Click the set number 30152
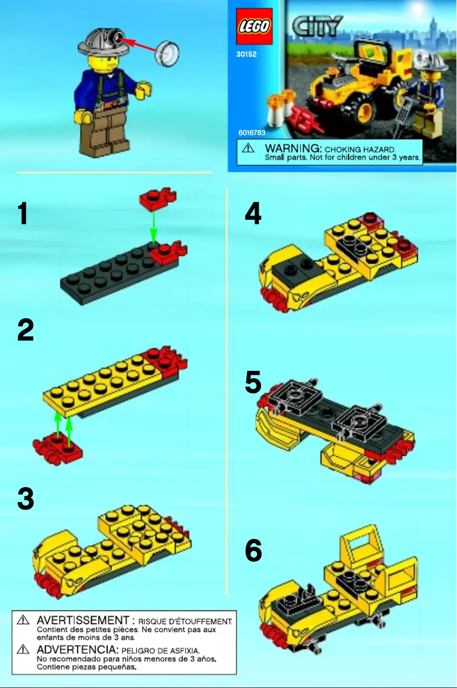pyautogui.click(x=247, y=56)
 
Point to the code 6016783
pyautogui.click(x=252, y=132)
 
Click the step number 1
pyautogui.click(x=23, y=215)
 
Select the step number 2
pyautogui.click(x=26, y=330)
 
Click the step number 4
pyautogui.click(x=253, y=215)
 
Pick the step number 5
pyautogui.click(x=253, y=383)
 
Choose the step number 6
pyautogui.click(x=254, y=551)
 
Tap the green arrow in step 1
pyautogui.click(x=153, y=226)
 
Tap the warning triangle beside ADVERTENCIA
pyautogui.click(x=23, y=649)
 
